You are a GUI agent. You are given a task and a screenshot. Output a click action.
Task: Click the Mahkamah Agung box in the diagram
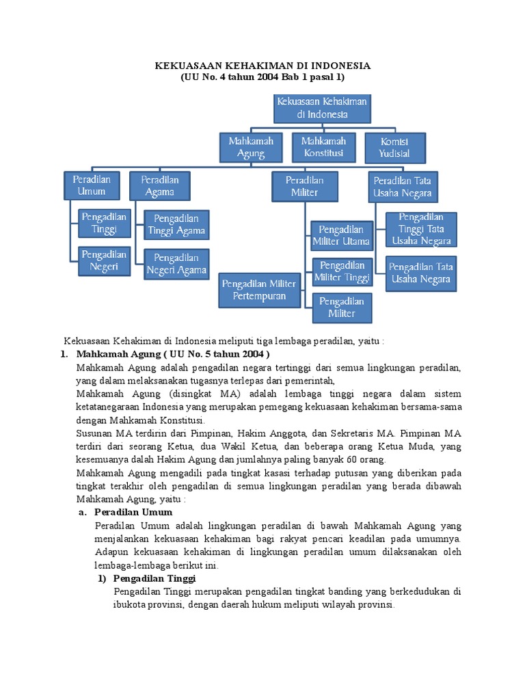pyautogui.click(x=251, y=147)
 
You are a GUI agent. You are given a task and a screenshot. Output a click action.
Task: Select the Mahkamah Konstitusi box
pyautogui.click(x=323, y=147)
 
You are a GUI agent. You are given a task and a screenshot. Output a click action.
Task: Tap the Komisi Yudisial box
pyautogui.click(x=395, y=147)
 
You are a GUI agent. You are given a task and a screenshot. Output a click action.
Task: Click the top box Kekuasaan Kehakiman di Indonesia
pyautogui.click(x=322, y=108)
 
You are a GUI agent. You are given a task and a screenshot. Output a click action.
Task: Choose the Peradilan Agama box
pyautogui.click(x=159, y=185)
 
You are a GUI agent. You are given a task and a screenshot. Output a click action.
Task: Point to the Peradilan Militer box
pyautogui.click(x=304, y=186)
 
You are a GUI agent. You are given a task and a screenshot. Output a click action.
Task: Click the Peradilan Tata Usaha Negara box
pyautogui.click(x=403, y=187)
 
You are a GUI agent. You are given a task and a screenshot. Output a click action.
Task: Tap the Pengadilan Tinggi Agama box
pyautogui.click(x=176, y=224)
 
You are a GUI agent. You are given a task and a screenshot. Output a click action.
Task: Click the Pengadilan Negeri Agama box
pyautogui.click(x=176, y=264)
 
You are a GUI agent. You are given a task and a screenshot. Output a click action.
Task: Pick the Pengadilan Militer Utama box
pyautogui.click(x=342, y=234)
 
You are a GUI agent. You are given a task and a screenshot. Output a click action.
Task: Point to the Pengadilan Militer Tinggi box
pyautogui.click(x=342, y=271)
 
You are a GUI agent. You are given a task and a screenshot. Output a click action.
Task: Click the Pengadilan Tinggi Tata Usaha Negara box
pyautogui.click(x=421, y=229)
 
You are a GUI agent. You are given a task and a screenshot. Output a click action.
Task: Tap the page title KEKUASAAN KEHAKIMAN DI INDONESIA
pyautogui.click(x=262, y=66)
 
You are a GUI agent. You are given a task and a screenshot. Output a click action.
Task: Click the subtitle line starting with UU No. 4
pyautogui.click(x=262, y=78)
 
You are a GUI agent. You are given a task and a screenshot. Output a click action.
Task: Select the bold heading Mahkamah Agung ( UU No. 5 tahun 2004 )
pyautogui.click(x=174, y=354)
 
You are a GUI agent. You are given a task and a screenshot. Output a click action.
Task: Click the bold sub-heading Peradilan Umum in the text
pyautogui.click(x=133, y=512)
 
